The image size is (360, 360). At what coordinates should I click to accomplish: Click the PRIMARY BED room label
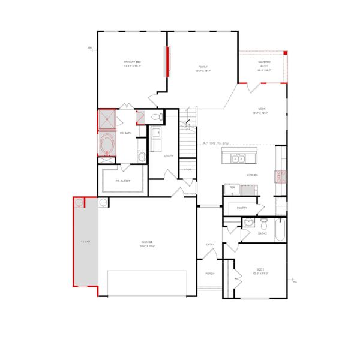(x=132, y=62)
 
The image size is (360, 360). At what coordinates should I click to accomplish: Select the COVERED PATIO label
(x=264, y=62)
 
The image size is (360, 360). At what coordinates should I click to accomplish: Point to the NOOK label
(x=262, y=109)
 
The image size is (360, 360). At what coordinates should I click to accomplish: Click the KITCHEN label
(x=252, y=175)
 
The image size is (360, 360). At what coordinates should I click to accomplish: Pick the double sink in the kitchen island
(x=239, y=158)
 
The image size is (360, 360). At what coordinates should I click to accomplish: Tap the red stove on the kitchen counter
(x=280, y=176)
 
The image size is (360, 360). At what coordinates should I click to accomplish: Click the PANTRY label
(x=242, y=208)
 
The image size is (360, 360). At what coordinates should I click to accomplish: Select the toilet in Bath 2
(x=264, y=224)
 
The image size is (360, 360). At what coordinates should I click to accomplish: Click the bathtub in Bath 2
(x=280, y=230)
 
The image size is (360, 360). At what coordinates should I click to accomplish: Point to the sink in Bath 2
(x=248, y=223)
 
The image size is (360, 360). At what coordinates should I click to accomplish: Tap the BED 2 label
(x=260, y=269)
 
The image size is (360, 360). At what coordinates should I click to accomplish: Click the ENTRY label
(x=210, y=244)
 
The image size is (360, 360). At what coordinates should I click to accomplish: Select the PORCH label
(x=210, y=274)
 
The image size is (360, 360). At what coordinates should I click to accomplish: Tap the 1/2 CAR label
(x=85, y=242)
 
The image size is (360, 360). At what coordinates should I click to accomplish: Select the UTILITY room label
(x=169, y=156)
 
